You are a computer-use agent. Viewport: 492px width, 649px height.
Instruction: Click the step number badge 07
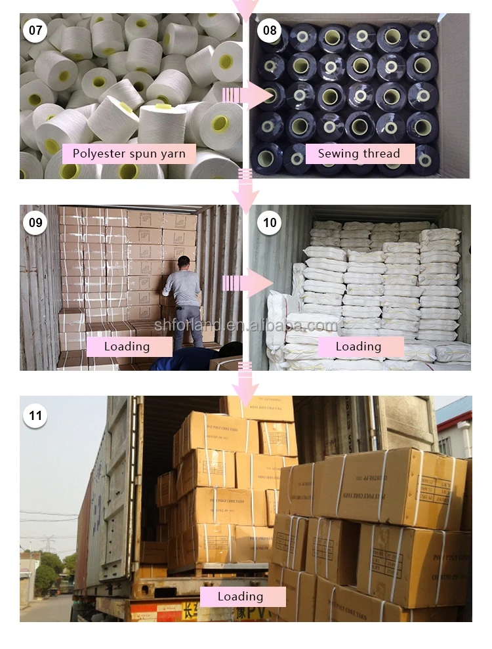35,30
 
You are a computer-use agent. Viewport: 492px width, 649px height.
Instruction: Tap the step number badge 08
270,30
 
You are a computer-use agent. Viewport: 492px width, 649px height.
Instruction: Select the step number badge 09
35,222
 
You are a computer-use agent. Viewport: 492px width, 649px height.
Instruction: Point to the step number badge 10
270,222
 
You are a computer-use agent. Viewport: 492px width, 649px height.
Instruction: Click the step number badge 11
35,415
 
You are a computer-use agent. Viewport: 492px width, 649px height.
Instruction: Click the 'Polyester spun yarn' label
129,154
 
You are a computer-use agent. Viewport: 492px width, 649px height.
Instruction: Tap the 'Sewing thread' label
359,154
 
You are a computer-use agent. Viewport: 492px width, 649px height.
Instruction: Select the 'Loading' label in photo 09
127,346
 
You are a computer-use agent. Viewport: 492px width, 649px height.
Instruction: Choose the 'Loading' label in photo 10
358,346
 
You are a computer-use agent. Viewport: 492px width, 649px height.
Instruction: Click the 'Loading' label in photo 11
240,597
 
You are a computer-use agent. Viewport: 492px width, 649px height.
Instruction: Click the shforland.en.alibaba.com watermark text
246,325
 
